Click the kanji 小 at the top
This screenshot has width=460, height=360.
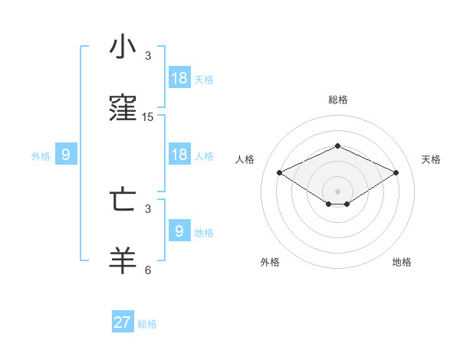pyautogui.click(x=123, y=47)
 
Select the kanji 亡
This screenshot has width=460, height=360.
pyautogui.click(x=123, y=199)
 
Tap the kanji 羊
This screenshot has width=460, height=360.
pyautogui.click(x=123, y=261)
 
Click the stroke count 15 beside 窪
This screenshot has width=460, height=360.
pyautogui.click(x=148, y=117)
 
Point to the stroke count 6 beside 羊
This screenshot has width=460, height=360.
pyautogui.click(x=148, y=270)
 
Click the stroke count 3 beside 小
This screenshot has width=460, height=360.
pyautogui.click(x=148, y=56)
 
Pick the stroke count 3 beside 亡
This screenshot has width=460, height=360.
pyautogui.click(x=148, y=208)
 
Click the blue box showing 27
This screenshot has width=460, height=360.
pyautogui.click(x=123, y=322)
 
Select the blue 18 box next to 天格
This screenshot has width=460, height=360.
pyautogui.click(x=179, y=78)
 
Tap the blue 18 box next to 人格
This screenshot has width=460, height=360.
pyautogui.click(x=179, y=155)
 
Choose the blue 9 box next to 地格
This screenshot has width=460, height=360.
pyautogui.click(x=179, y=231)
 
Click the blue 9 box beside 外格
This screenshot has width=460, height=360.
pyautogui.click(x=66, y=155)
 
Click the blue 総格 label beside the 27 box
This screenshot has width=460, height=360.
pyautogui.click(x=147, y=324)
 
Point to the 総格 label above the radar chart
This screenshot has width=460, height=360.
pyautogui.click(x=337, y=100)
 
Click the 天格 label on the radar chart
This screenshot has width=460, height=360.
pyautogui.click(x=431, y=159)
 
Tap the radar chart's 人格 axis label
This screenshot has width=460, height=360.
pyautogui.click(x=245, y=159)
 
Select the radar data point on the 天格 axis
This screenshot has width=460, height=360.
pyautogui.click(x=396, y=172)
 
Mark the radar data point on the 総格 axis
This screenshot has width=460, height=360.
pyautogui.click(x=337, y=146)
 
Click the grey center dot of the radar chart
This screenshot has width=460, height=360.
pyautogui.click(x=337, y=191)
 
